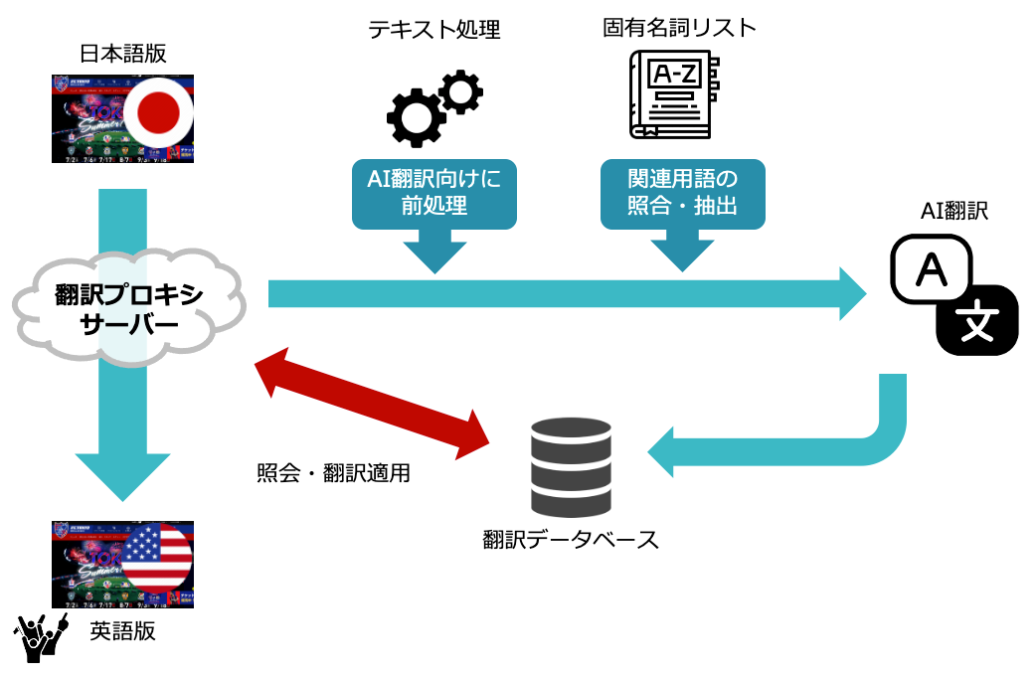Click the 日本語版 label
[122, 54]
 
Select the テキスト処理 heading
[434, 30]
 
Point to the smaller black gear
[459, 92]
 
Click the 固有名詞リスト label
[679, 28]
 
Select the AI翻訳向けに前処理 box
[434, 193]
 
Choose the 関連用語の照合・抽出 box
[682, 193]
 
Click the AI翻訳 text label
[954, 212]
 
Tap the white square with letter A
[931, 269]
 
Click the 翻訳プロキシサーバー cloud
[130, 308]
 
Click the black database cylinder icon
[571, 463]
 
